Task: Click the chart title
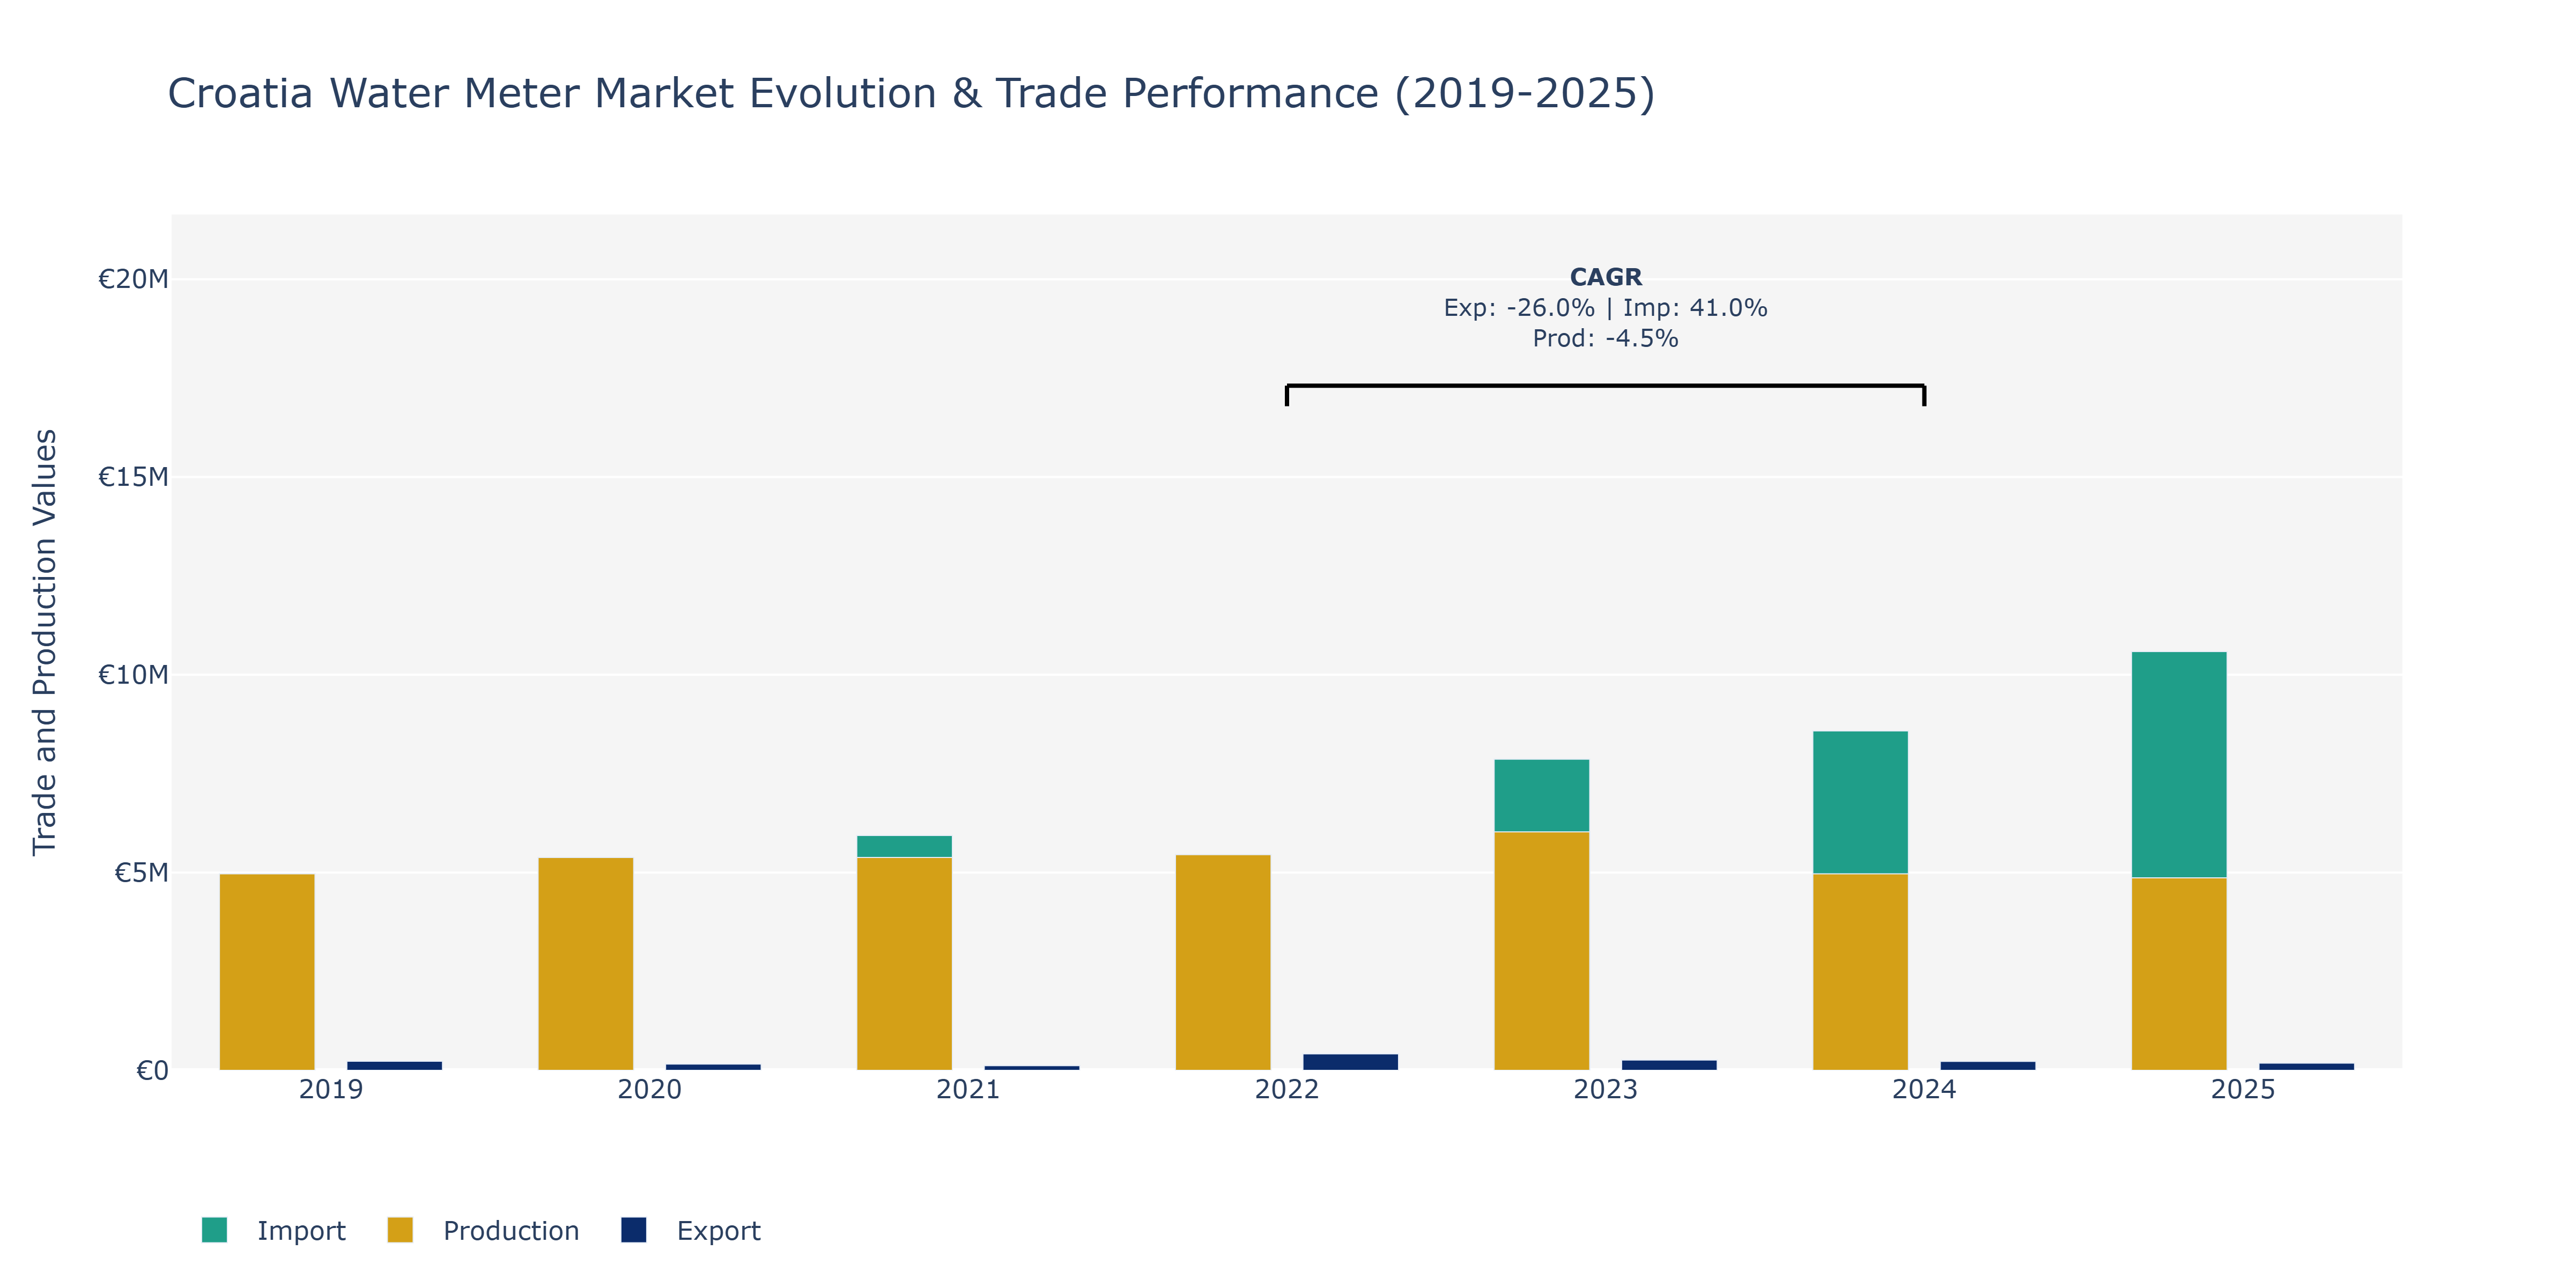coord(911,94)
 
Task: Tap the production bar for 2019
coord(267,971)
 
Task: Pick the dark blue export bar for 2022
coord(1350,1061)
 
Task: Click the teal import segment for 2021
coord(904,846)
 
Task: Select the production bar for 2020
coord(586,963)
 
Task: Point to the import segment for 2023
coord(1542,795)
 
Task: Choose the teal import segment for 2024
coord(1861,802)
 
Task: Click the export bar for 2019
coord(395,1065)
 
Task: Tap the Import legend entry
coord(274,1230)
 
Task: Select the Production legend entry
coord(484,1230)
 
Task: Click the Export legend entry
coord(691,1230)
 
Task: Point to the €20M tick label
coord(133,279)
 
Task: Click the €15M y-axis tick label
coord(133,477)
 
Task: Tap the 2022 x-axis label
coord(1287,1089)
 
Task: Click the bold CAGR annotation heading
coord(1606,277)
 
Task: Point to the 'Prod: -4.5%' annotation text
coord(1606,339)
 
